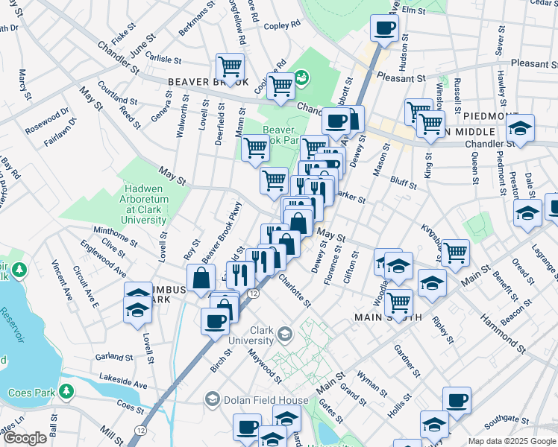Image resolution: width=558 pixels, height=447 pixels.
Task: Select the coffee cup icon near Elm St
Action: tap(385, 28)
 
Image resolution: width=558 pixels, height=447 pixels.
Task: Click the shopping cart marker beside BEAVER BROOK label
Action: tap(231, 66)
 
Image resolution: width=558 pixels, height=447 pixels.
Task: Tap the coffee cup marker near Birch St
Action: tap(215, 320)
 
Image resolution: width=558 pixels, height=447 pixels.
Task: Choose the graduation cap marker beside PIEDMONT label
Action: tap(521, 126)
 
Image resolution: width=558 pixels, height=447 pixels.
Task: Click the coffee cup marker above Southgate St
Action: tap(457, 400)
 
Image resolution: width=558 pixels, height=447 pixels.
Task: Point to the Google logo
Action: tap(25, 438)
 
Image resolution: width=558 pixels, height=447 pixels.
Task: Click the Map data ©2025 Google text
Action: tap(512, 441)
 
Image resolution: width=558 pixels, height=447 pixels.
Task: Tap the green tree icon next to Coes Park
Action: tap(66, 390)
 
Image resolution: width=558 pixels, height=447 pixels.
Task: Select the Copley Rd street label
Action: tap(282, 25)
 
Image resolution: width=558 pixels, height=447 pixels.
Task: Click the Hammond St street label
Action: tap(514, 332)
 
